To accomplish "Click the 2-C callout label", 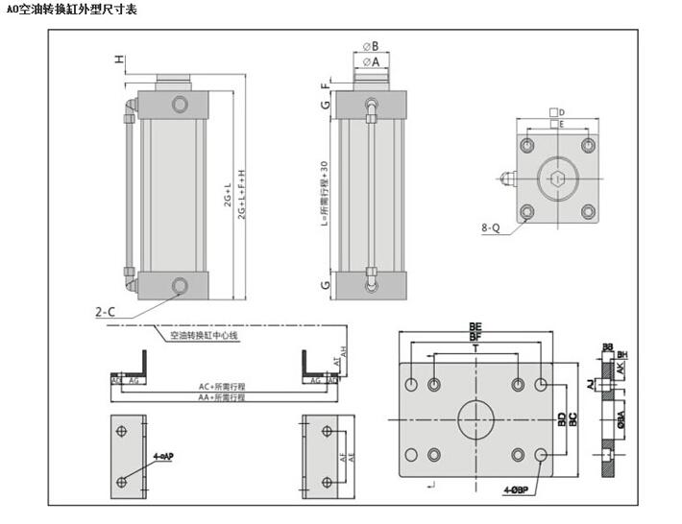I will pos(106,311).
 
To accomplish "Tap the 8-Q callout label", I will pos(491,228).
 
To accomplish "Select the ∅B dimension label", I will pos(371,45).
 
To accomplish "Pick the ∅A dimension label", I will pos(371,60).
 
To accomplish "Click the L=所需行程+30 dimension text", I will pos(325,192).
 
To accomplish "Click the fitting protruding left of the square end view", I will pos(506,178).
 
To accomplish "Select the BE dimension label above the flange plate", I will pos(475,327).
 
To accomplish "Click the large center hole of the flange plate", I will pos(475,419).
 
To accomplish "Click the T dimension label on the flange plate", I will pos(475,350).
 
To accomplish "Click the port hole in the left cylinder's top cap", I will pos(179,104).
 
